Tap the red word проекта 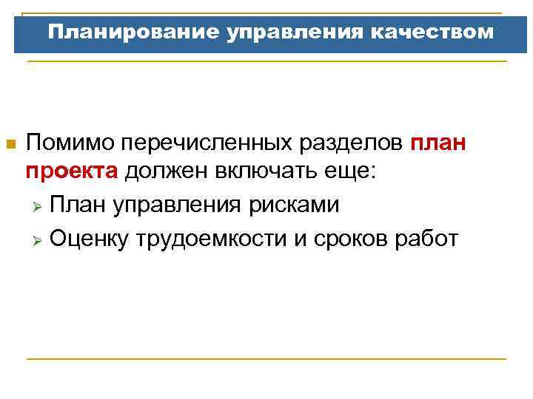click(72, 172)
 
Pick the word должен click(166, 172)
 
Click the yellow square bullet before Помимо click(10, 143)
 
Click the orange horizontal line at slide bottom click(266, 359)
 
